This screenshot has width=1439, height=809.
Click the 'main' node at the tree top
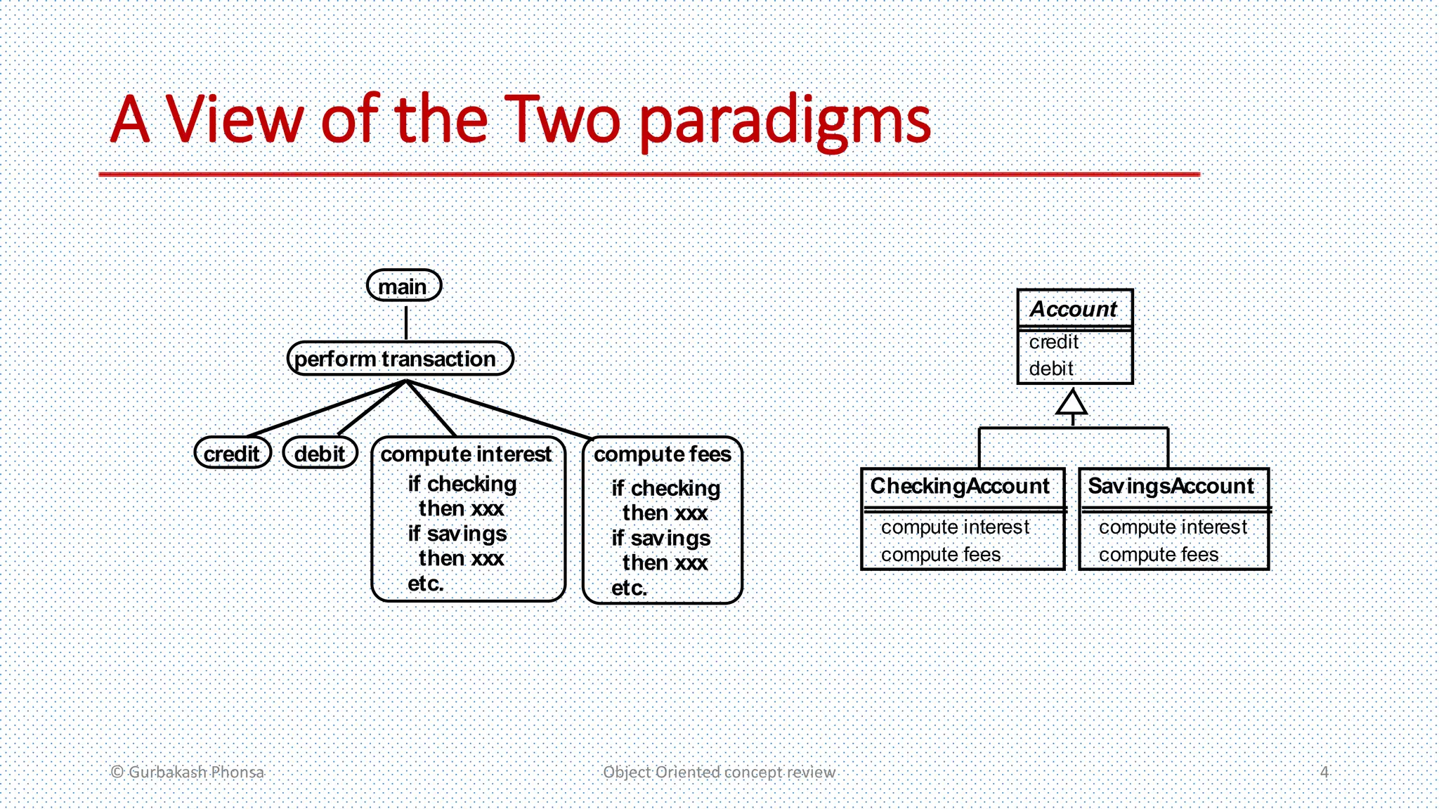click(x=404, y=287)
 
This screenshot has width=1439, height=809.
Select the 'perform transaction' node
click(x=400, y=359)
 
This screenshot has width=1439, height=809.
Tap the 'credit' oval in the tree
click(x=232, y=454)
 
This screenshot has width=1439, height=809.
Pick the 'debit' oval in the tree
click(x=320, y=454)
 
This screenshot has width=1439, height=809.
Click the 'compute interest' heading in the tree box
click(x=466, y=454)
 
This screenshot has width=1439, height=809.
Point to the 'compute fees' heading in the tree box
click(x=662, y=454)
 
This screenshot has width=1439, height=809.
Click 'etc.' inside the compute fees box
click(x=629, y=588)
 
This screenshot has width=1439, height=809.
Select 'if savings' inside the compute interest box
click(x=457, y=534)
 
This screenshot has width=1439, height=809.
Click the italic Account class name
click(x=1074, y=309)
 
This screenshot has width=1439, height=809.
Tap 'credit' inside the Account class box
click(x=1053, y=342)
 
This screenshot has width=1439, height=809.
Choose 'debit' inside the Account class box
click(x=1051, y=369)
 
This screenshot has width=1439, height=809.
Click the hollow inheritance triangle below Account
click(x=1072, y=404)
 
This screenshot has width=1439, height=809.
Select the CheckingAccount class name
click(x=960, y=486)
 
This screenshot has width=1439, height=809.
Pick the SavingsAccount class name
click(x=1171, y=486)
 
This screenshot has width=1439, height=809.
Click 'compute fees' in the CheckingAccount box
click(x=940, y=555)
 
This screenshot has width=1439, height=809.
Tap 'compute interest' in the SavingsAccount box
click(x=1173, y=527)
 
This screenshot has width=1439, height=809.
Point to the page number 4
click(x=1324, y=772)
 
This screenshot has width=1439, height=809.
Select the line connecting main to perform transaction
click(x=406, y=322)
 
